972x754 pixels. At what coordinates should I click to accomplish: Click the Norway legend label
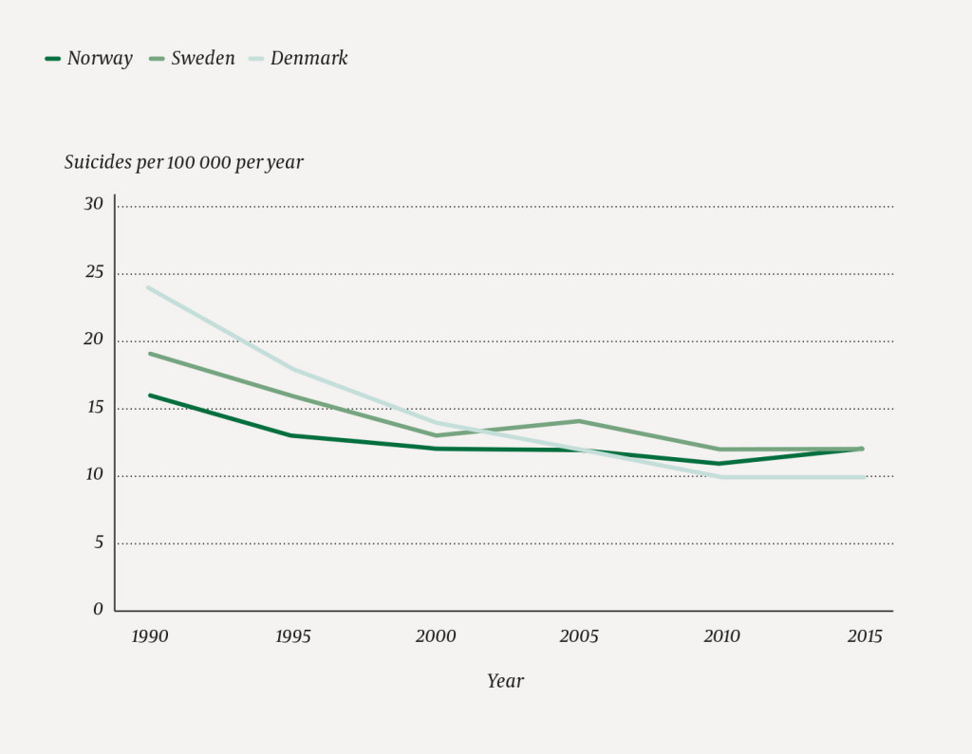(100, 59)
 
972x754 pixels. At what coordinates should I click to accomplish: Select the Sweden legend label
(203, 59)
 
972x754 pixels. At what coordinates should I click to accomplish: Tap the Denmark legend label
(308, 59)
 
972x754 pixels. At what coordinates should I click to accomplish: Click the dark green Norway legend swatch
(53, 59)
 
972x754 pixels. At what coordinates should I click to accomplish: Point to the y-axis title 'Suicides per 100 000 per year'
(184, 162)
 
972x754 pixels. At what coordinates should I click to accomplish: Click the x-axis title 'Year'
(505, 681)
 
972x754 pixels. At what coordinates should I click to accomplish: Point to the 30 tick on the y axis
(93, 204)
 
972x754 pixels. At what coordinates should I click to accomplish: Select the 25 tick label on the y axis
(93, 272)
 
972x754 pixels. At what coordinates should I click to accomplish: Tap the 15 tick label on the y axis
(93, 407)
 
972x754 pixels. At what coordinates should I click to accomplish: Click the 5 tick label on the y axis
(98, 542)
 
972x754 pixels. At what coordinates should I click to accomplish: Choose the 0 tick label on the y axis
(98, 609)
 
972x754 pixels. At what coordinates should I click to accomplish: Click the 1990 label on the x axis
(149, 636)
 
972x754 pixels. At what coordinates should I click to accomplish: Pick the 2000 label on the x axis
(436, 636)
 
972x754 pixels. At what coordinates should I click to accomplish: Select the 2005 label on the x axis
(578, 636)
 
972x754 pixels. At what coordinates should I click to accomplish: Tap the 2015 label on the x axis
(864, 636)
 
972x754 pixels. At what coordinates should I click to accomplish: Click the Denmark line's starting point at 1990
(149, 287)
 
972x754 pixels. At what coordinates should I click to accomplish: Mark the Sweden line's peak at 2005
(578, 421)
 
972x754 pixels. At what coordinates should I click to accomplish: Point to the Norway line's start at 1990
(149, 395)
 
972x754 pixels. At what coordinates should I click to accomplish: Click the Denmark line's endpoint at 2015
(864, 477)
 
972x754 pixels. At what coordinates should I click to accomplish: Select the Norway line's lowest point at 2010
(721, 464)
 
